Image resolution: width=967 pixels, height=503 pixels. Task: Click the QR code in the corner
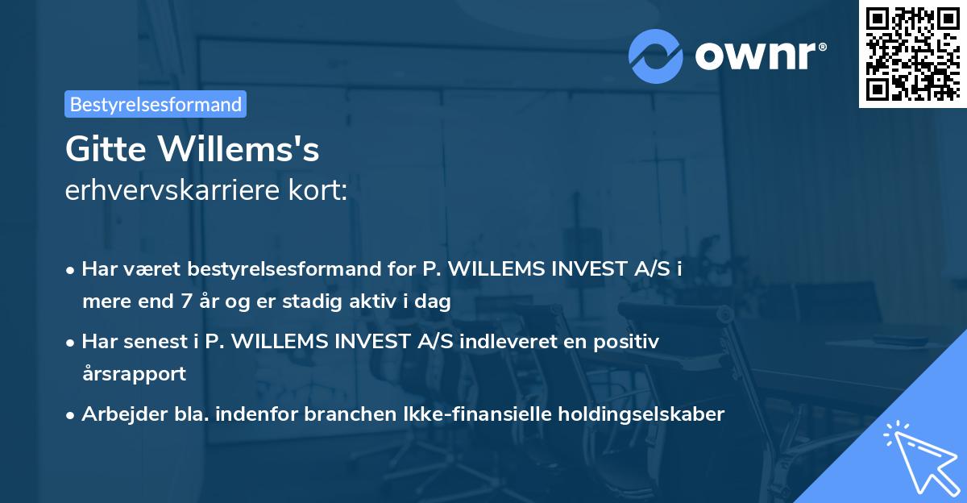point(911,54)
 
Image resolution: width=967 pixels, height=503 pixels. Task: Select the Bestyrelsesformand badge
point(156,104)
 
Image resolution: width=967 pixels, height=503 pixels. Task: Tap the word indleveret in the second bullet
point(501,342)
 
